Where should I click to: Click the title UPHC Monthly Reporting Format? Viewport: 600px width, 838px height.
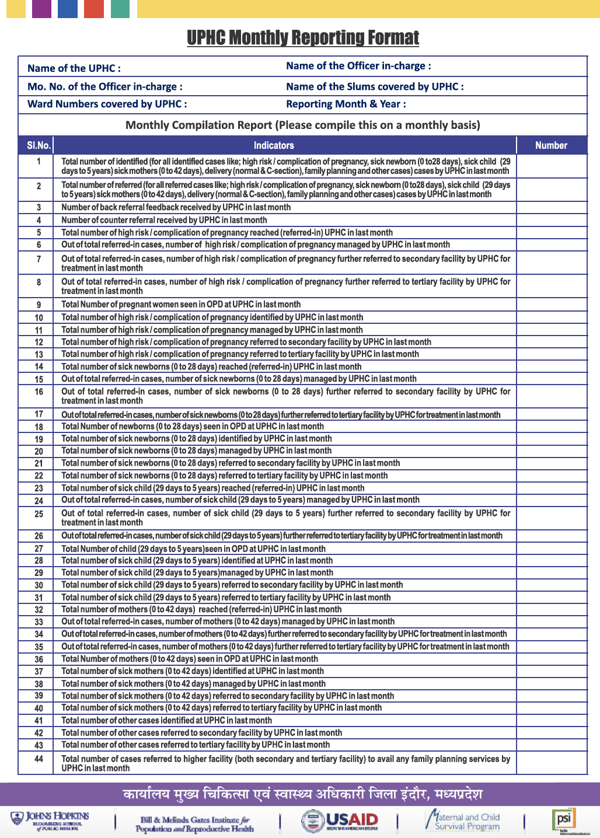[x=303, y=38]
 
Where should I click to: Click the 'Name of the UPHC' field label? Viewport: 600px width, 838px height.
[x=74, y=68]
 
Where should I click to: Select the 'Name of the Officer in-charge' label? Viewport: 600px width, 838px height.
[x=358, y=66]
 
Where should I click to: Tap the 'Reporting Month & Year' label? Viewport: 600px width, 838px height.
[x=346, y=104]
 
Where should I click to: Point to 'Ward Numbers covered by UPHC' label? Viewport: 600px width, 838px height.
[x=107, y=104]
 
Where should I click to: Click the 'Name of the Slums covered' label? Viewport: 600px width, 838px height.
[x=375, y=86]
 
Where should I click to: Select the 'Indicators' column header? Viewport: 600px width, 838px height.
[x=274, y=145]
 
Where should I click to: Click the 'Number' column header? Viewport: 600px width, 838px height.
[x=551, y=145]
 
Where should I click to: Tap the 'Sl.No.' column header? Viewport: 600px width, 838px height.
[x=39, y=145]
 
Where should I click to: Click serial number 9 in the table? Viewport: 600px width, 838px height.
[x=39, y=305]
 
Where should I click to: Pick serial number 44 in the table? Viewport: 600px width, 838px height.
[x=39, y=759]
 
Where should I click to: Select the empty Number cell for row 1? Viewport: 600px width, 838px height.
[x=552, y=166]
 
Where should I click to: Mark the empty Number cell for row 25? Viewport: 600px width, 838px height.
[x=552, y=518]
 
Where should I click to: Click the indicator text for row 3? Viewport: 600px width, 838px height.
[x=176, y=207]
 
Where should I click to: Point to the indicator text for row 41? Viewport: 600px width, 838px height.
[x=166, y=720]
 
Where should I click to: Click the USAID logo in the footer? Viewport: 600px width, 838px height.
[x=340, y=820]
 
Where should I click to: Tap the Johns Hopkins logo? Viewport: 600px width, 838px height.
[x=50, y=819]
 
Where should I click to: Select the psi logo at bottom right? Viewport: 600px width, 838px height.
[x=564, y=819]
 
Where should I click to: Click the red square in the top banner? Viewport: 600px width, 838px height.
[x=94, y=9]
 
